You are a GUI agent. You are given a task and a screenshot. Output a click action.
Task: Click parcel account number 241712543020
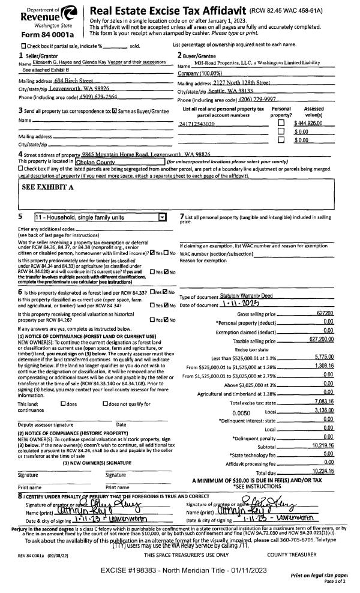[197, 123]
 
